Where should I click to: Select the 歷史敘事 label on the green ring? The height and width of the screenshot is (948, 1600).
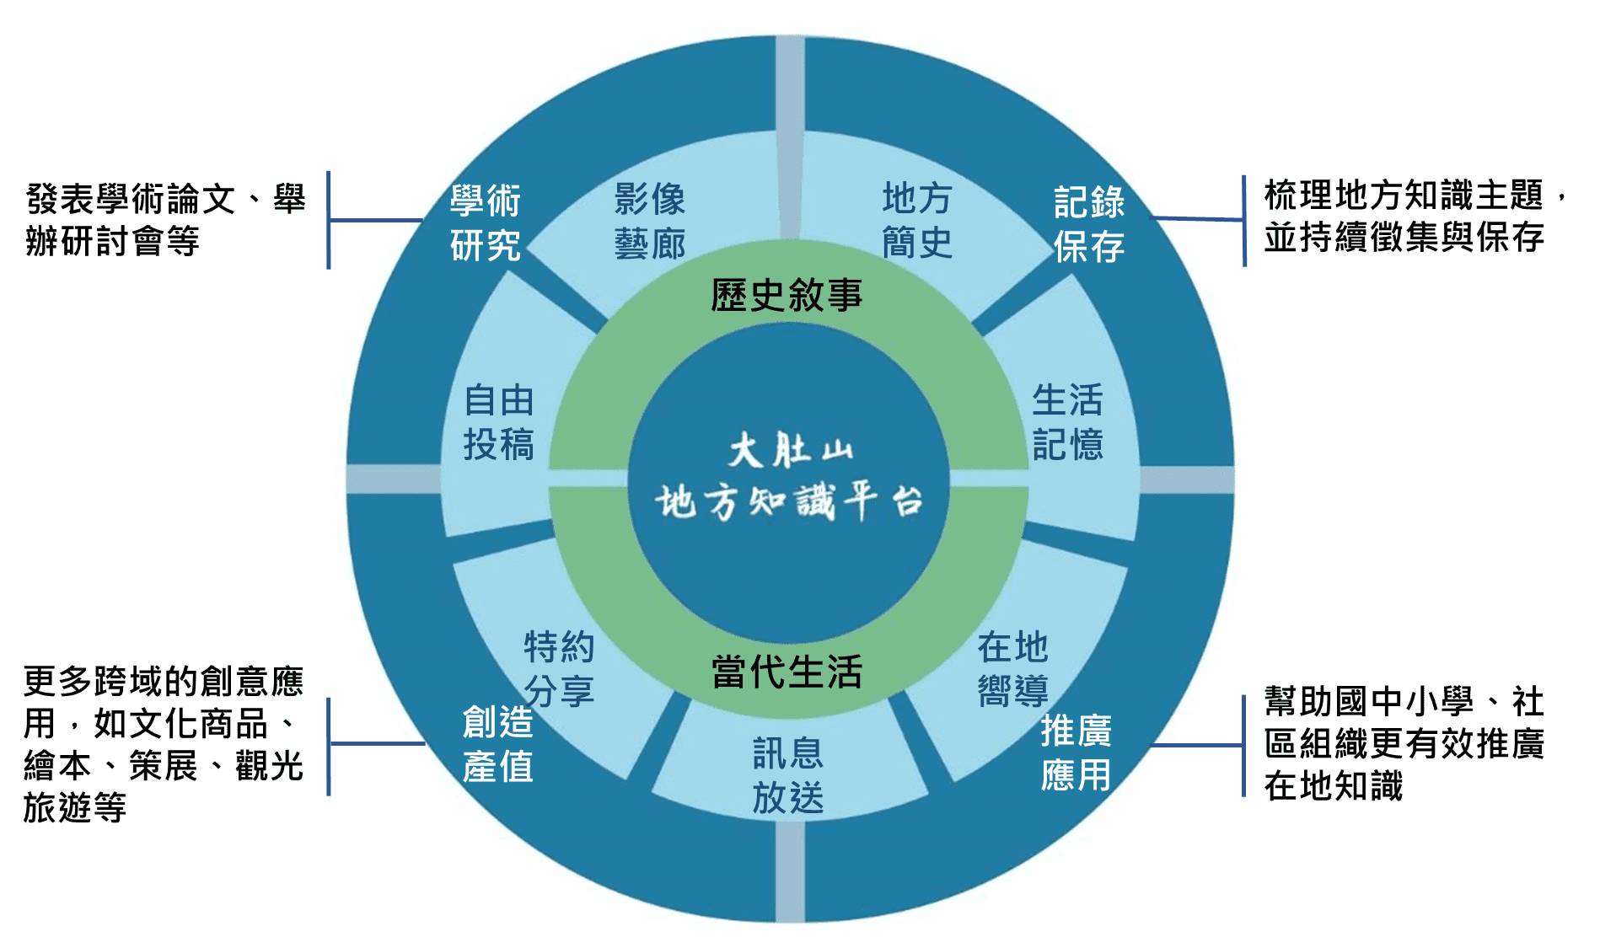(x=787, y=295)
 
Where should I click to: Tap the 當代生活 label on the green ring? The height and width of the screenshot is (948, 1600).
(x=787, y=672)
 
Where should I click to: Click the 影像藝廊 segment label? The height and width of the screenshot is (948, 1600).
(x=649, y=221)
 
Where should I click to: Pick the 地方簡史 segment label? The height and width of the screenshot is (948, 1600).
(x=917, y=221)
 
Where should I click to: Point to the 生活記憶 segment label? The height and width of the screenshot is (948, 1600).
(x=1067, y=421)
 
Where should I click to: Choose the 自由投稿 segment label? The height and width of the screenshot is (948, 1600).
(x=499, y=421)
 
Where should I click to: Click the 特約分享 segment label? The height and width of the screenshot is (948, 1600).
(x=559, y=668)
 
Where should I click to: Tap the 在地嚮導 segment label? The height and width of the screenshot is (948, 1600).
(x=1012, y=668)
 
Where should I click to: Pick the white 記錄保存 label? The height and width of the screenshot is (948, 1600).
(x=1089, y=224)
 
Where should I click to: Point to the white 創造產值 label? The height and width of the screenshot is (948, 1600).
(x=497, y=744)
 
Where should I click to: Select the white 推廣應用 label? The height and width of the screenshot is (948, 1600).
(x=1076, y=752)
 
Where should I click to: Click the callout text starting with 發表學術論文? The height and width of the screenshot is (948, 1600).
(x=165, y=220)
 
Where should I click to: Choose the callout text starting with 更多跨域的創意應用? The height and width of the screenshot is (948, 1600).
(x=163, y=744)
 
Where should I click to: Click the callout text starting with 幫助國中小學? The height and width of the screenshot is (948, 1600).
(x=1404, y=743)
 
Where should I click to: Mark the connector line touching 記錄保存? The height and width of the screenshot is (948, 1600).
(x=1197, y=219)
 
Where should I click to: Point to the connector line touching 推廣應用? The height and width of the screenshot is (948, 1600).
(x=1197, y=745)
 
